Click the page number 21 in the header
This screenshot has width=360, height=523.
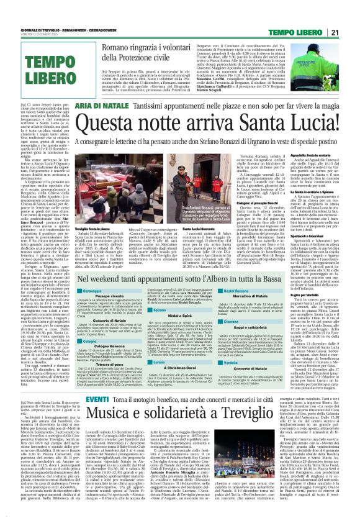click(x=352, y=32)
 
